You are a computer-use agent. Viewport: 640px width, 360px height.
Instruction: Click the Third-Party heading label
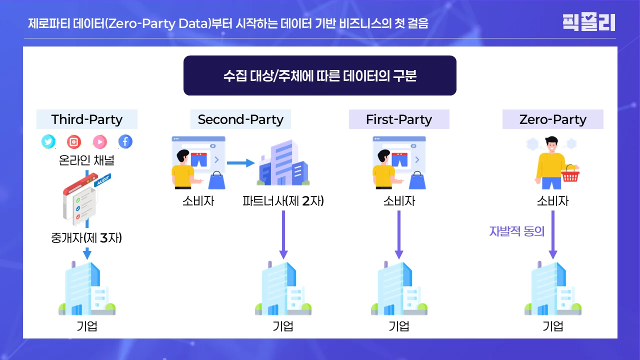(x=87, y=119)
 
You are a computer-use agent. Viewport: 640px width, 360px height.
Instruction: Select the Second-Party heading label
(x=240, y=119)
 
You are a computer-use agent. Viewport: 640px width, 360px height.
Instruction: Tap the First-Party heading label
(x=399, y=119)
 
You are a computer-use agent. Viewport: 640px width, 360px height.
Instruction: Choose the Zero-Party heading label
(x=552, y=119)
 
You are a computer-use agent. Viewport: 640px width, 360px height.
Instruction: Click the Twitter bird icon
(x=48, y=142)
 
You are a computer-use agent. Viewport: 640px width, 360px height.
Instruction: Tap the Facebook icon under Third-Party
(x=125, y=142)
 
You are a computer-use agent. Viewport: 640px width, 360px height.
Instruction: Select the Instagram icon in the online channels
(x=74, y=142)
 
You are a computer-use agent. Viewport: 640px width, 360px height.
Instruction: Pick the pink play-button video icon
(x=99, y=142)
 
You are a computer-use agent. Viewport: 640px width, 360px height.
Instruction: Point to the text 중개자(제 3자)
(x=86, y=238)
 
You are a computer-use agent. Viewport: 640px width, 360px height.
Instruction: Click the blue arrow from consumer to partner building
(x=240, y=162)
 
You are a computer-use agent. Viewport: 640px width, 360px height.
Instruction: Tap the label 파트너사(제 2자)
(x=283, y=201)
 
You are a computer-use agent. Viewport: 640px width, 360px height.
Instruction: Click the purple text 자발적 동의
(x=517, y=231)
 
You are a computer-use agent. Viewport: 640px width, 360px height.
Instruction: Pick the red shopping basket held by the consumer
(x=569, y=175)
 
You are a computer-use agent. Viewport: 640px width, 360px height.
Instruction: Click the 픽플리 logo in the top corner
(x=588, y=22)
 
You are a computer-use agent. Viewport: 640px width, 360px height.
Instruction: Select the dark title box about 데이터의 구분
(x=320, y=75)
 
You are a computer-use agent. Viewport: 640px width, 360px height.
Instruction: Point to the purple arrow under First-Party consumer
(x=399, y=234)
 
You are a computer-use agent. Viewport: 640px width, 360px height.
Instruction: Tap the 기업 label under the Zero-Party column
(x=553, y=326)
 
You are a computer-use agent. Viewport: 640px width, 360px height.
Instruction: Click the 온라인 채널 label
(x=86, y=161)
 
